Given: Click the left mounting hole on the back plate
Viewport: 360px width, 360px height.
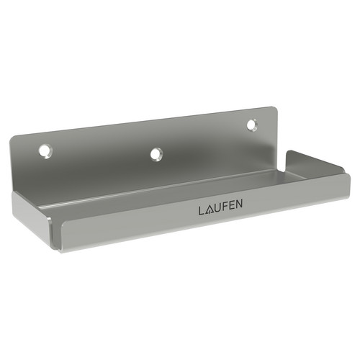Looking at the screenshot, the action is (45, 151).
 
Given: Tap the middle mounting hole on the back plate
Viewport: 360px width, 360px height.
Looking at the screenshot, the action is (156, 154).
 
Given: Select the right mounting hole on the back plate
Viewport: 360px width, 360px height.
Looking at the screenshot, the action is (252, 125).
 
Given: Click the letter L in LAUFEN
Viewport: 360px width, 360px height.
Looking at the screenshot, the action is (201, 211).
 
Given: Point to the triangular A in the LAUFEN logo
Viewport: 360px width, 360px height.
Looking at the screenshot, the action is (207, 210).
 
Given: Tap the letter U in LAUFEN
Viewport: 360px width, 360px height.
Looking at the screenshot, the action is (216, 208).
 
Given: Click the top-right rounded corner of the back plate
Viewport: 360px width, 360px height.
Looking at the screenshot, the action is (276, 109).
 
